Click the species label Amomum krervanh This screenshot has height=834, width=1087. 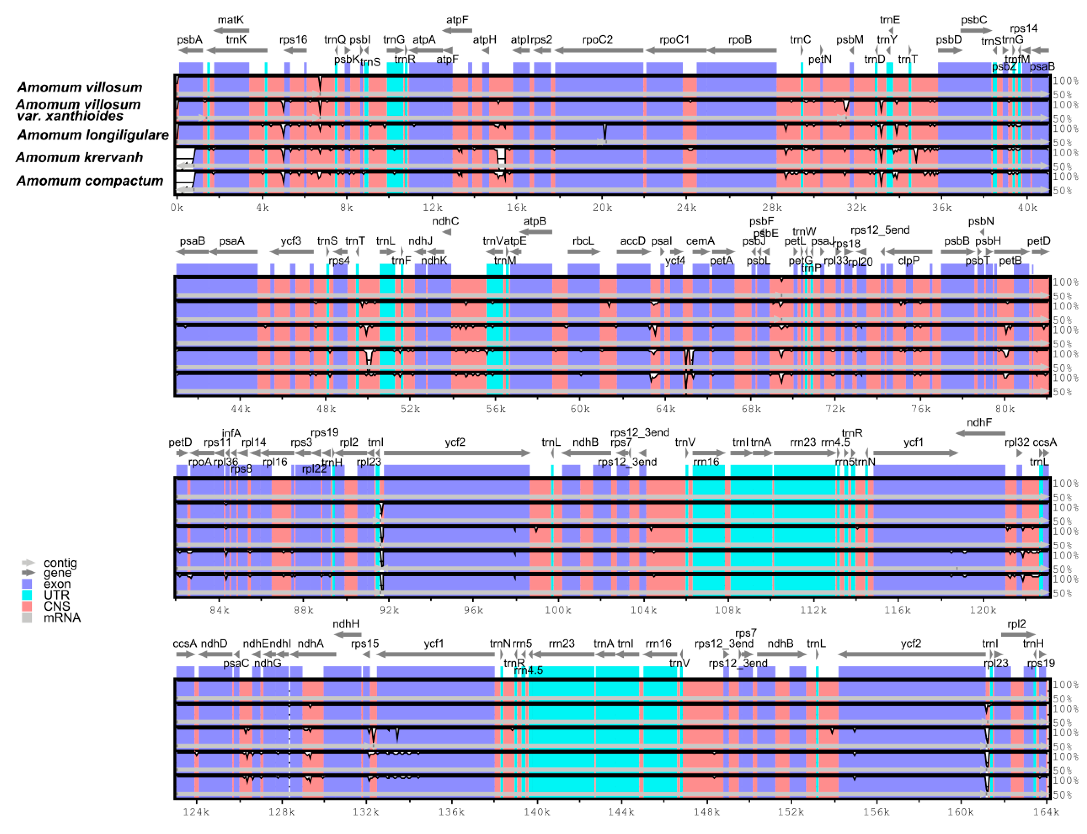[79, 157]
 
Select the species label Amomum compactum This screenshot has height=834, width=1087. [90, 181]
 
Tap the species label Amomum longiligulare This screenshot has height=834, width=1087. [93, 135]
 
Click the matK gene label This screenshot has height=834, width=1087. [231, 20]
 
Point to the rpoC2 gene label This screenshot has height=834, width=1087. [597, 40]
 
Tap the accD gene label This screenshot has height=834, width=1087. [633, 241]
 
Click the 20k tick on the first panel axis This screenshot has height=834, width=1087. [602, 208]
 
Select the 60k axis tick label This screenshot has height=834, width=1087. [580, 409]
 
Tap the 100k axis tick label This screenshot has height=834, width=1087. [558, 610]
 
